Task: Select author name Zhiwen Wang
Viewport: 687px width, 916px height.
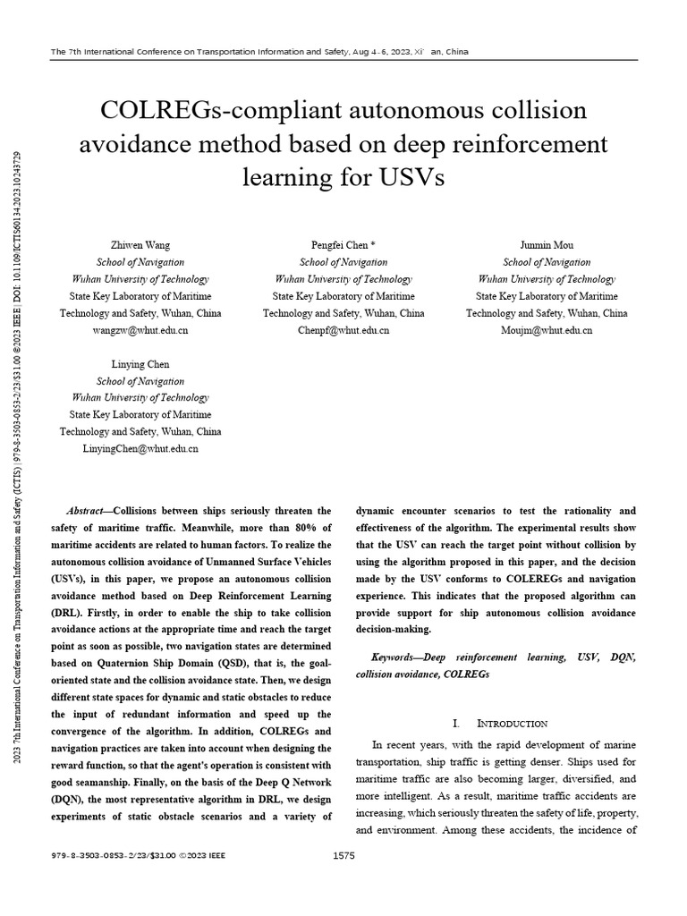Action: pyautogui.click(x=140, y=245)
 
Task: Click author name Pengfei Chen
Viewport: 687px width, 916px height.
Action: pyautogui.click(x=343, y=245)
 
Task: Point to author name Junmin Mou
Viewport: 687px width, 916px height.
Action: pyautogui.click(x=547, y=245)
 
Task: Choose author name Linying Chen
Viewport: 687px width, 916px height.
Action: pyautogui.click(x=140, y=364)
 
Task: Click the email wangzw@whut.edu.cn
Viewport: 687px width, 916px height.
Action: pyautogui.click(x=140, y=330)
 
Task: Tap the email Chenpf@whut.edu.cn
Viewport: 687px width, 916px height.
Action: pyautogui.click(x=343, y=330)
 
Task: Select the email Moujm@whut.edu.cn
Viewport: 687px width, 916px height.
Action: pyautogui.click(x=547, y=330)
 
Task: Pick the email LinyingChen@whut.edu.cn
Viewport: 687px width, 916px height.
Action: pyautogui.click(x=140, y=449)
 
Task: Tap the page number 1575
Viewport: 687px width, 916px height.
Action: pyautogui.click(x=343, y=856)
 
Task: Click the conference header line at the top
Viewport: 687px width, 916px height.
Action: pyautogui.click(x=259, y=51)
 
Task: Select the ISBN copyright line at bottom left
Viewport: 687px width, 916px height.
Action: pyautogui.click(x=139, y=856)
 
